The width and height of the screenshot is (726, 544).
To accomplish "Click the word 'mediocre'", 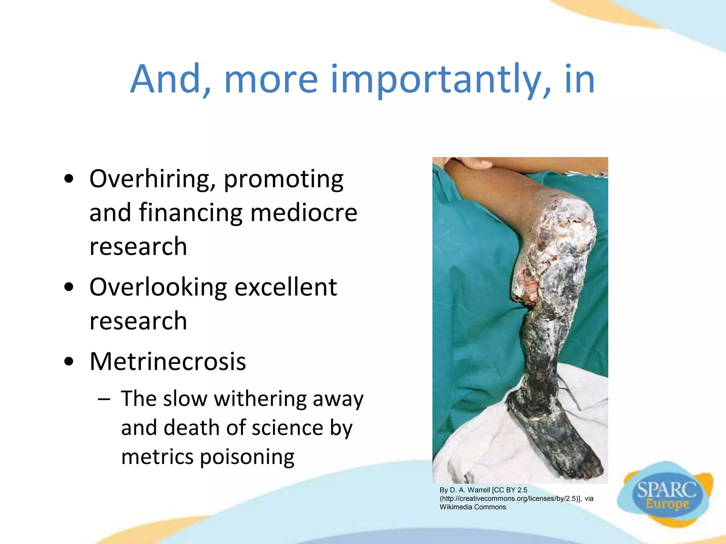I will pos(304,212).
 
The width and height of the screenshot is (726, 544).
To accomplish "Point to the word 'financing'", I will pos(191,213).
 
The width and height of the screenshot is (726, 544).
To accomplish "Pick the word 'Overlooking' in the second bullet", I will pos(158,287).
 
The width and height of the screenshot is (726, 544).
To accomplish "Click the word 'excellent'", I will pos(286,287).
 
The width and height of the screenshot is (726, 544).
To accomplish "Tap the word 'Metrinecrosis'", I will pos(168,362).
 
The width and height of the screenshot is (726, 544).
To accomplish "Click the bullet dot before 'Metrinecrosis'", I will pos(69,362).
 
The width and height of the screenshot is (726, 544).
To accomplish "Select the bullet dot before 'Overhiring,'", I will pos(69,179).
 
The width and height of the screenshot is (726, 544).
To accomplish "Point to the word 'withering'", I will pos(260,399).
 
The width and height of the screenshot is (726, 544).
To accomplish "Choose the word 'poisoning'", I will pos(247,457).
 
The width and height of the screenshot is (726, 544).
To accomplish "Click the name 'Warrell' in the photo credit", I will pos(479,490).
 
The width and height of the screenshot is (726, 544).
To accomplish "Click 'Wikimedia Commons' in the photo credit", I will pos(473,507).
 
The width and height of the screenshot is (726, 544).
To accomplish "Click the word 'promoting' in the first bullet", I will pos(284,179).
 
